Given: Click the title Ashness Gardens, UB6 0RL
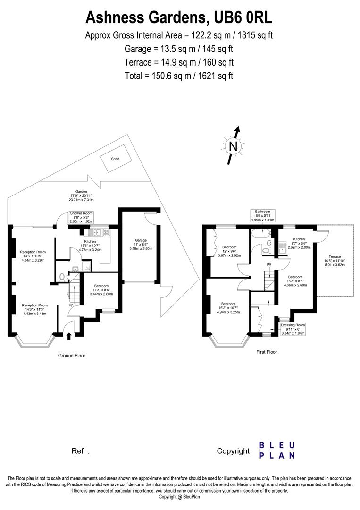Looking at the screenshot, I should (179, 17).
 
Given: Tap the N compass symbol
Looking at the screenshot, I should (233, 146).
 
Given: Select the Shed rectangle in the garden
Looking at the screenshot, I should (115, 159).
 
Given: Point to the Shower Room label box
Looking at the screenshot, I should (82, 217).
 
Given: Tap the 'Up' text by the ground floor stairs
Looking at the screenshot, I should (71, 305).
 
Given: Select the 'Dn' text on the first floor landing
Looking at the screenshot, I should (268, 264).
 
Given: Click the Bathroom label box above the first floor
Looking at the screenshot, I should (262, 215).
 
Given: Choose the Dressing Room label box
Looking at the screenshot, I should (293, 329).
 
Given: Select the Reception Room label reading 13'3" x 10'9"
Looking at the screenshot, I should (33, 255).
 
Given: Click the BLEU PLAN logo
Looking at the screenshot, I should (277, 450).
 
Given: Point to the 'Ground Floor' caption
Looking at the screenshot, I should (72, 356).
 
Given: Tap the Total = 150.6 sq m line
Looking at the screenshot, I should (179, 76).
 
